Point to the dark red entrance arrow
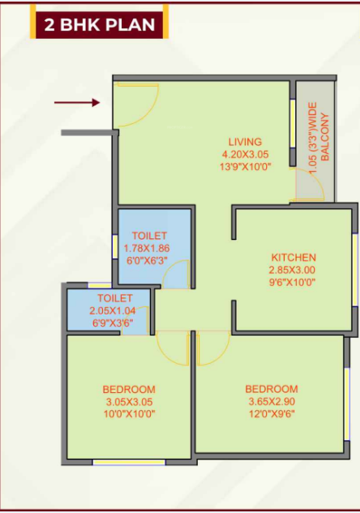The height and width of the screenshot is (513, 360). click(x=77, y=102)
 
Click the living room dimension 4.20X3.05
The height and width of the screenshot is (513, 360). click(x=244, y=154)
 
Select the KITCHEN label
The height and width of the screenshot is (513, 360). click(x=293, y=258)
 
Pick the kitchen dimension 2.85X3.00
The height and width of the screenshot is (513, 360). click(x=293, y=270)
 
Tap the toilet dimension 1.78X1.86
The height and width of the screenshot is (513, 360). click(x=147, y=249)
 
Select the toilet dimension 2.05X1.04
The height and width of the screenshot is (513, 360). click(x=109, y=310)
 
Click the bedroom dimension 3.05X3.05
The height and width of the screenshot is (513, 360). click(x=129, y=402)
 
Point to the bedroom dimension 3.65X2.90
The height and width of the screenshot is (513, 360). click(x=272, y=401)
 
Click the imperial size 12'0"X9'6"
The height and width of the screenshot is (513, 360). click(x=272, y=413)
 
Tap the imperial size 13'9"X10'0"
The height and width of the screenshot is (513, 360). click(x=244, y=166)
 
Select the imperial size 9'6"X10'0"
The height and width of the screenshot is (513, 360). click(x=293, y=282)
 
